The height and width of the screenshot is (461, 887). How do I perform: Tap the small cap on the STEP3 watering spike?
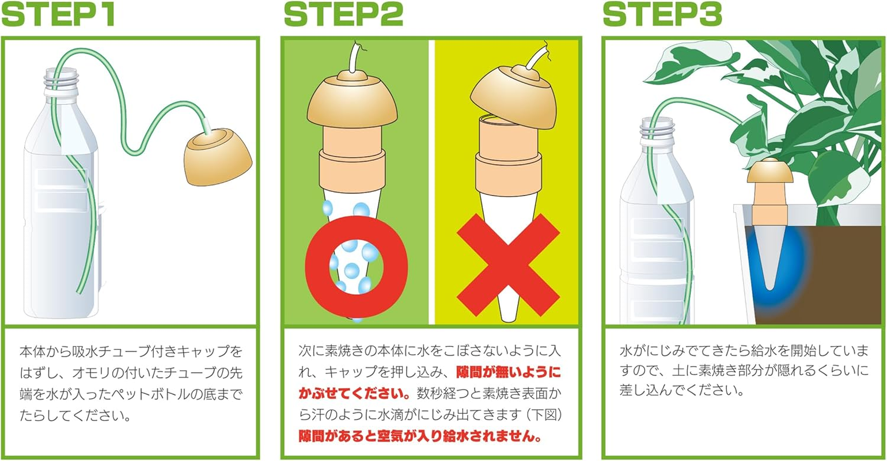[x=766, y=173]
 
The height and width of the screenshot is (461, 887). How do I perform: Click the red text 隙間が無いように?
[x=508, y=372]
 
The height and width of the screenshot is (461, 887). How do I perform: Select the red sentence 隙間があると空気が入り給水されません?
[x=420, y=436]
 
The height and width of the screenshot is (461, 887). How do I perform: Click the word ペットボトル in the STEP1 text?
[x=173, y=395]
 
